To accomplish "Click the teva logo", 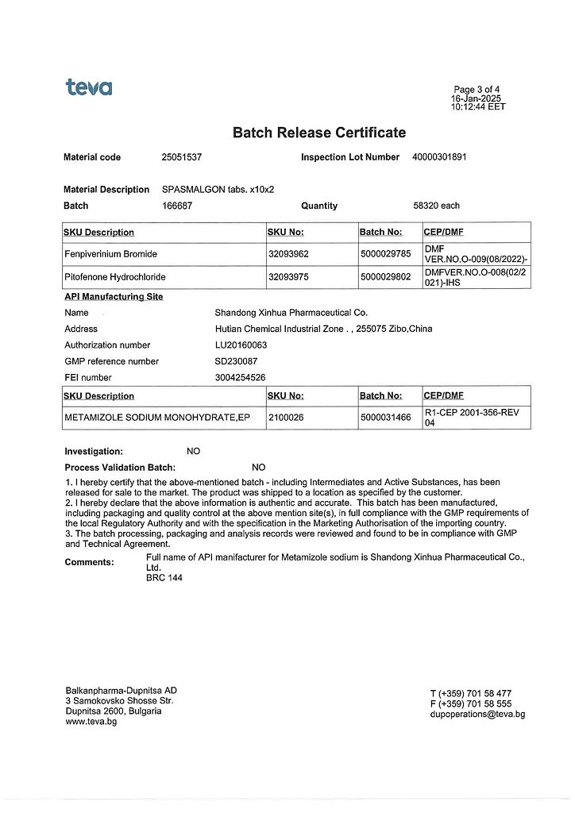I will (x=89, y=87).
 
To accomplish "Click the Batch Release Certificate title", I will (x=318, y=133).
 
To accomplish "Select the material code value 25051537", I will (x=181, y=157).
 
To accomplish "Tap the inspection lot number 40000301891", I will (x=439, y=157).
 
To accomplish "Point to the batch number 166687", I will (x=176, y=206).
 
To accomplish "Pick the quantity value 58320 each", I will (x=436, y=206).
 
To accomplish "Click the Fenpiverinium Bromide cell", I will (x=110, y=254).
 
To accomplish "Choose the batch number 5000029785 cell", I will (x=385, y=254).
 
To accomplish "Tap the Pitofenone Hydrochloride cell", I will (x=115, y=277).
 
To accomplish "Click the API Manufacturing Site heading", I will (x=114, y=297).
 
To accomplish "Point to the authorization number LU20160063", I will (x=241, y=345).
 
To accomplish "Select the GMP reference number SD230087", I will (x=237, y=361).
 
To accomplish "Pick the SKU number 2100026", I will (x=287, y=418).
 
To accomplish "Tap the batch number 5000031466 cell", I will (x=385, y=418).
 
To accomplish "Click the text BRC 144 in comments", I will (x=164, y=578).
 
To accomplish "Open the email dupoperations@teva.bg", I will (x=477, y=714).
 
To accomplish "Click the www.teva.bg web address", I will (x=91, y=722).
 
